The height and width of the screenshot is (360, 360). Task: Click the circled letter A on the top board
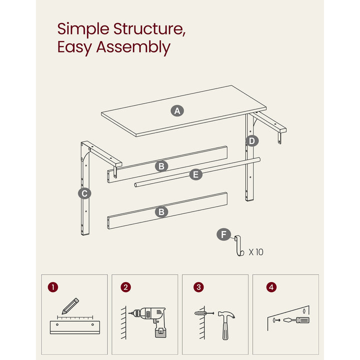(176, 111)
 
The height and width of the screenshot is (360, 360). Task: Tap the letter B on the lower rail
(161, 212)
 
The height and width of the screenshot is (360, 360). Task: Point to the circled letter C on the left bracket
(84, 193)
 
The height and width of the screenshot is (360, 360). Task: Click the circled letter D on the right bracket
(252, 141)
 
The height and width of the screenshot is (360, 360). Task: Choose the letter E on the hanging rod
(195, 174)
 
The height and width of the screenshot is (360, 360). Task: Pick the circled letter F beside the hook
(223, 234)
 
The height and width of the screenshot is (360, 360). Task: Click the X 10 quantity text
(256, 251)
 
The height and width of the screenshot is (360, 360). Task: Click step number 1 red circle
(53, 287)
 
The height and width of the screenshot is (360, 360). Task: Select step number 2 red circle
(126, 287)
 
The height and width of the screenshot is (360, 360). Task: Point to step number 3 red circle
(199, 287)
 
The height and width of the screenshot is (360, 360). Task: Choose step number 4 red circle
(271, 287)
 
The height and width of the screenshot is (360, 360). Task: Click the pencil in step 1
(70, 306)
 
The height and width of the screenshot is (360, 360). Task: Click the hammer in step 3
(226, 322)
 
